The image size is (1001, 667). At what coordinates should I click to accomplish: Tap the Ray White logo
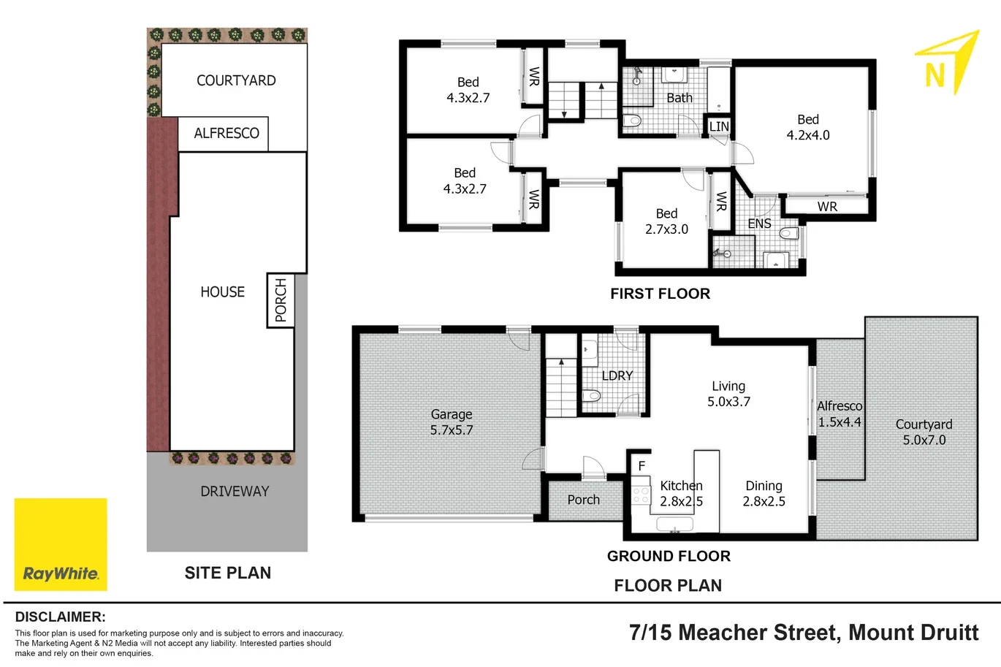[61, 544]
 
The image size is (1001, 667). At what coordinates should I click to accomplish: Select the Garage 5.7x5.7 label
[451, 422]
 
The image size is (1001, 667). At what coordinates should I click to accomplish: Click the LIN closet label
[719, 126]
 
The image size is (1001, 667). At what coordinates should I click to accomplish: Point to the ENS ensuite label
[759, 224]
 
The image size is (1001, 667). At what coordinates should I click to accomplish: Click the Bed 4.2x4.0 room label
[807, 127]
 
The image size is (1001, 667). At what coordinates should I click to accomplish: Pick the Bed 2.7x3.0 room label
[666, 221]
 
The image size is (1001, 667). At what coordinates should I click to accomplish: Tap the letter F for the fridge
[642, 465]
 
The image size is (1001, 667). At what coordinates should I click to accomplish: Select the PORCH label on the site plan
[281, 300]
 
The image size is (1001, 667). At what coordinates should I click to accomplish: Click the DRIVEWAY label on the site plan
[235, 492]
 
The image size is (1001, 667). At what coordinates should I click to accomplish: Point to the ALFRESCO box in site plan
[226, 134]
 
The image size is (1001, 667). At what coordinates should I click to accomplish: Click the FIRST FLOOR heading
[660, 294]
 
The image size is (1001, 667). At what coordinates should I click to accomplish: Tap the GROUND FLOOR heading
[669, 556]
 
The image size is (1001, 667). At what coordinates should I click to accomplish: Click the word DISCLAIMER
[60, 617]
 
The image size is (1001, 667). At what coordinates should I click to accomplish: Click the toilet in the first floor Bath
[632, 121]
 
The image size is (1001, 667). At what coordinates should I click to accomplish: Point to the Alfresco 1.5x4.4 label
[840, 413]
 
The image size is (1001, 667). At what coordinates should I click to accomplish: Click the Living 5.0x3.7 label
[728, 394]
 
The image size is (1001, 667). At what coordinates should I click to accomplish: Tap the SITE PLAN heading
[227, 573]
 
